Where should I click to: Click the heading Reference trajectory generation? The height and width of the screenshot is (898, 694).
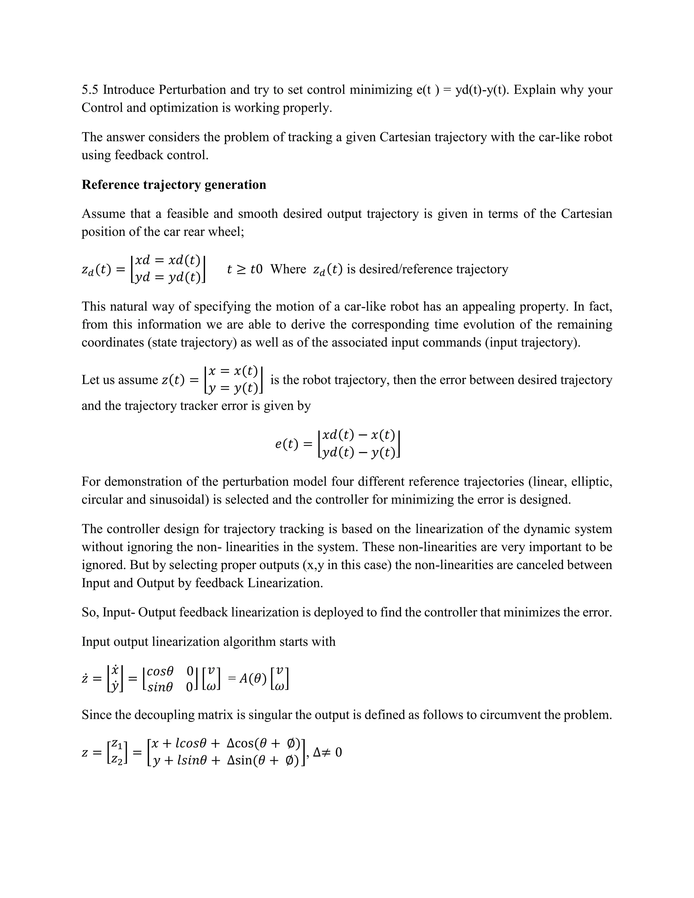coord(173,185)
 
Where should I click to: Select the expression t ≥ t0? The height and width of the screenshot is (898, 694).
coord(245,269)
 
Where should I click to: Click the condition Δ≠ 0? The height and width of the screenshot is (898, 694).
coord(327,752)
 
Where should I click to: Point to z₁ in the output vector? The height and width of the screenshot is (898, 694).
coord(117,744)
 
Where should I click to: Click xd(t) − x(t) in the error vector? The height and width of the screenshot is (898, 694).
coord(359,435)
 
